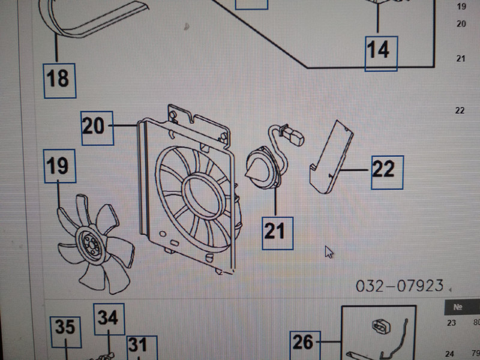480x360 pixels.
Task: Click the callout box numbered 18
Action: click(59, 81)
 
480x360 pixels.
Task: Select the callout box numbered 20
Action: click(97, 128)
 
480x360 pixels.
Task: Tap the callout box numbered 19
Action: click(59, 166)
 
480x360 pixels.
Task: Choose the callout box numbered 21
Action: click(278, 233)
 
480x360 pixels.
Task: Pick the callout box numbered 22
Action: click(387, 173)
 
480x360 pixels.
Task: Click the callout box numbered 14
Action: click(381, 53)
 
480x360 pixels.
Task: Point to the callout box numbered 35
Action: click(66, 332)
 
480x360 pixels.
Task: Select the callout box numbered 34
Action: click(109, 319)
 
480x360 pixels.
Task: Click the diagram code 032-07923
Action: click(400, 286)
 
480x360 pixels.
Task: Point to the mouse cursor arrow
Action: click(329, 252)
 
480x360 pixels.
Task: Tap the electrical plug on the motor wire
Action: click(295, 137)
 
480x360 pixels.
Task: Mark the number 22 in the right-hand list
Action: click(460, 110)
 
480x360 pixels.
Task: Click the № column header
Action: click(457, 307)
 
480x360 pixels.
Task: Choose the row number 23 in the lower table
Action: click(451, 323)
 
